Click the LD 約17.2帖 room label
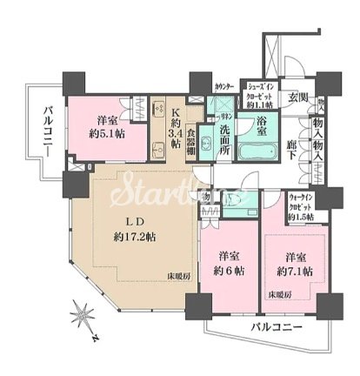point(126,227)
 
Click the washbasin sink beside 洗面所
point(206,143)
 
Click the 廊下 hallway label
point(291,149)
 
